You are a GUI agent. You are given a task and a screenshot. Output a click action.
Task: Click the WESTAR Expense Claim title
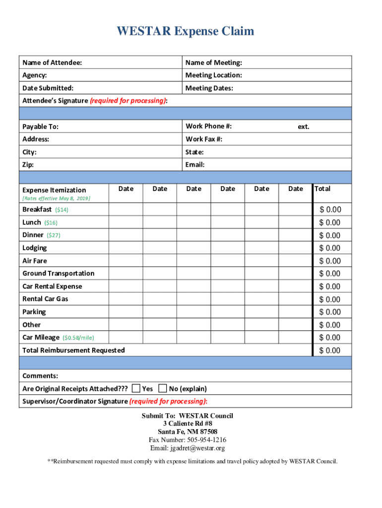tap(186, 32)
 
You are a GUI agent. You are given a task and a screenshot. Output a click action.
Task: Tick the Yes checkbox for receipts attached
tap(136, 388)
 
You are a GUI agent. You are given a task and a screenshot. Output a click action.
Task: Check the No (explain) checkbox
tap(163, 388)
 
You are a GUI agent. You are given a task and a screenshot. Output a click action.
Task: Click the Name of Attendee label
tap(52, 63)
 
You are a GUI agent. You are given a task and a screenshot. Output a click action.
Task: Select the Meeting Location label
tap(213, 75)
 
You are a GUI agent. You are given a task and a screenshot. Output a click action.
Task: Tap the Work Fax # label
tap(204, 139)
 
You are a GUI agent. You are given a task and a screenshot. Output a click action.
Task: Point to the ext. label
tap(304, 127)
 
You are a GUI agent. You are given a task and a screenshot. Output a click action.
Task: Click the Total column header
tap(322, 189)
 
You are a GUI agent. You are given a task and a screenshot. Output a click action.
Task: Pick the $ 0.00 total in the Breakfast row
tap(330, 210)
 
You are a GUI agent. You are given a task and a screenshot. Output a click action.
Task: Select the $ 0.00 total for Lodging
tap(330, 248)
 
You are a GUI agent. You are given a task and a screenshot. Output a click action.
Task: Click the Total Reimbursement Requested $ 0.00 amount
tap(330, 351)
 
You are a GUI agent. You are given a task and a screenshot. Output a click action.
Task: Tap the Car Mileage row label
tap(41, 337)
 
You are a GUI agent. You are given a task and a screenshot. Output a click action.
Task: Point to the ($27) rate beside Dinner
tap(54, 235)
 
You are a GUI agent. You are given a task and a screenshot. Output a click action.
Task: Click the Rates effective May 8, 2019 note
tap(56, 198)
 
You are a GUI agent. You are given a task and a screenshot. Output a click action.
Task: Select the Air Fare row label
tap(35, 261)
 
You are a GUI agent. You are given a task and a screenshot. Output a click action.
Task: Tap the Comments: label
tap(40, 376)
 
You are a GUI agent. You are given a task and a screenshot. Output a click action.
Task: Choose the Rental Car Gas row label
tap(45, 299)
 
